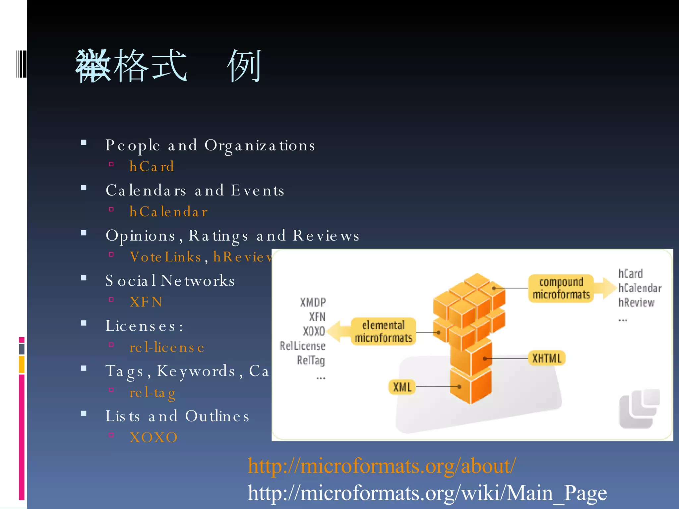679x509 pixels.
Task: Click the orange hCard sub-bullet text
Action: coord(152,166)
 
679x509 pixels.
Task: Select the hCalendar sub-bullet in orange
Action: coord(168,212)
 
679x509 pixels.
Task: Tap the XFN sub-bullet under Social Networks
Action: coord(146,302)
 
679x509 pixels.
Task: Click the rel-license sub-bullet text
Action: coord(167,347)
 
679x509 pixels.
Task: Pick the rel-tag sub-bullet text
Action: coord(152,393)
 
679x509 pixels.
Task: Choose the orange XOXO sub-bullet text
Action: coord(154,437)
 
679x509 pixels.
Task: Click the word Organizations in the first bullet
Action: coord(260,145)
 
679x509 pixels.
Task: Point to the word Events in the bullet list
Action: coord(258,191)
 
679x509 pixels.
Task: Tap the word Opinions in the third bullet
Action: coord(141,236)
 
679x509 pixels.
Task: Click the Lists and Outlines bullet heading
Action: coord(177,416)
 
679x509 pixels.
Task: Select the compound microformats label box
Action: coord(561,288)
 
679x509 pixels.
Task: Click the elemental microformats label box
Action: coord(383,331)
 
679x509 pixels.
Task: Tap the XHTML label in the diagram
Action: coord(547,358)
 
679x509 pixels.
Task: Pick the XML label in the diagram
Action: coord(402,387)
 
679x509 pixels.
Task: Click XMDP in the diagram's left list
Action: coord(313,302)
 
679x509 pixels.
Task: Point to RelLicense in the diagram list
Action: coord(302,346)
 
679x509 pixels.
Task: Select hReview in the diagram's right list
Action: coord(636,302)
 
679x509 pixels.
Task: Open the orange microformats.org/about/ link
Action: coord(382,466)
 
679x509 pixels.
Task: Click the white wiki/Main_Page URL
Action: coord(427,493)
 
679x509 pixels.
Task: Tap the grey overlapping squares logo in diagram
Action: coord(639,409)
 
